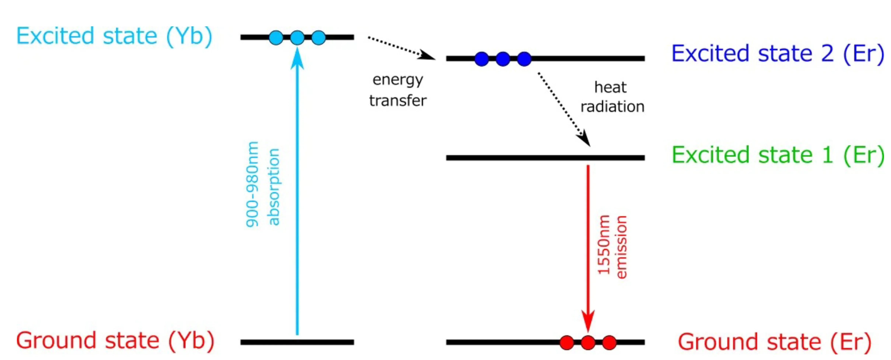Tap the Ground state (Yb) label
[x=115, y=341]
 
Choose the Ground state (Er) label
[x=774, y=342]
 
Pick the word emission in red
[x=621, y=247]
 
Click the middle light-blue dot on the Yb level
[x=297, y=37]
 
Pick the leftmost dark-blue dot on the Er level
[x=482, y=59]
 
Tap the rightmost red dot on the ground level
[x=609, y=342]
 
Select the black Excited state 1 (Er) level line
[x=545, y=158]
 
